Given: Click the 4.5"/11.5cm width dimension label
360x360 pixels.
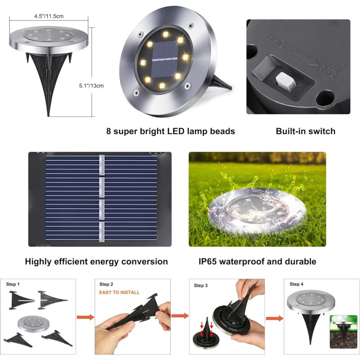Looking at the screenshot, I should coord(49,16).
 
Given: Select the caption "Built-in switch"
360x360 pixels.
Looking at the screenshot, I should coord(306,131).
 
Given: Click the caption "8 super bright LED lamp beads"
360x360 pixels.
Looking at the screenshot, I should coord(171,131).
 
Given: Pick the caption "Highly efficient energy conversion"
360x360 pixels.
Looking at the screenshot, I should coord(96,261).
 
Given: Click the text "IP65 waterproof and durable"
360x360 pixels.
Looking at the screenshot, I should coord(257,261).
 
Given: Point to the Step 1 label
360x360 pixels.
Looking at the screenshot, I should coord(13,284).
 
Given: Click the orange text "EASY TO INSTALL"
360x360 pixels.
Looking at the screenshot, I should coord(119,292).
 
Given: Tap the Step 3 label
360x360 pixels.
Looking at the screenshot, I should coord(201,285).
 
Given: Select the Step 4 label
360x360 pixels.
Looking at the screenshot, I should coord(297,284).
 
